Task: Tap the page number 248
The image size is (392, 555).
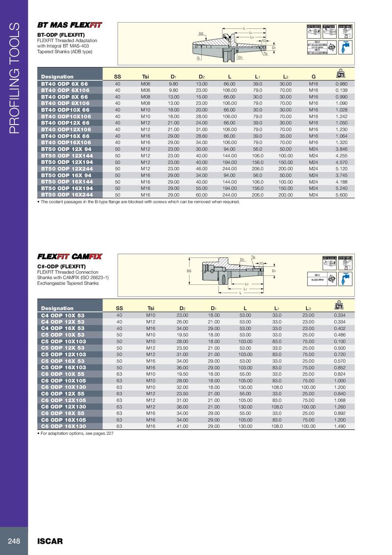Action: [x=14, y=541]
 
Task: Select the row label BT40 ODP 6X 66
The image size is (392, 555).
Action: [x=64, y=83]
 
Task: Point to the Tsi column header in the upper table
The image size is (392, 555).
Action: [x=146, y=76]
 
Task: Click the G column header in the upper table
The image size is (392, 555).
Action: [x=314, y=76]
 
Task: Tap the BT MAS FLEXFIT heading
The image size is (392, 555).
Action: [x=70, y=25]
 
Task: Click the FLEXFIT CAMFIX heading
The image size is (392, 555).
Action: [x=70, y=256]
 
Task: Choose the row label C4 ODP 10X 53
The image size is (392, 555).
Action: [x=63, y=315]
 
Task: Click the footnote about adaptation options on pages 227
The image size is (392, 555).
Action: [x=75, y=433]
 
